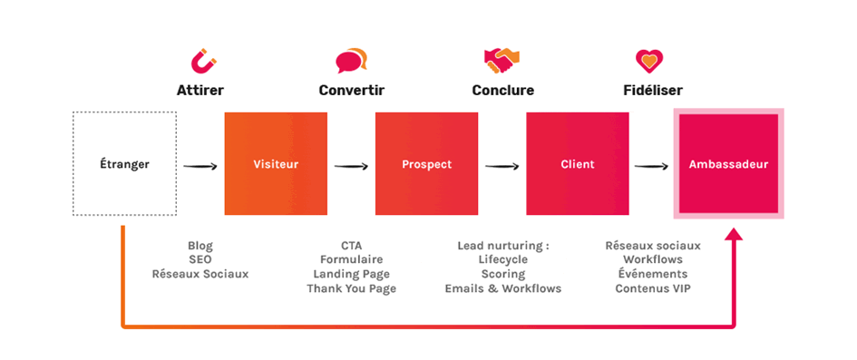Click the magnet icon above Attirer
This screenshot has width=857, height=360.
203,61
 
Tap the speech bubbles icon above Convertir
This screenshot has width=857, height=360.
352,61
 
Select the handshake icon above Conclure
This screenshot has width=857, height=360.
502,61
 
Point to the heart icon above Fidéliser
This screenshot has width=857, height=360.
649,61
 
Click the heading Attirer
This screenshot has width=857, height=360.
200,90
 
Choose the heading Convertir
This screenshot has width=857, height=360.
352,90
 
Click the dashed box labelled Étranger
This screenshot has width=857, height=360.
124,163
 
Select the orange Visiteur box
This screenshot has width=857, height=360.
276,163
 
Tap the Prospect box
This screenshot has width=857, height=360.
427,163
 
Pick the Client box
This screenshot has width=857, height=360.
577,163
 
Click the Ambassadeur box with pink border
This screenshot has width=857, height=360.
728,163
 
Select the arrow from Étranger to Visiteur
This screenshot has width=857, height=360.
200,166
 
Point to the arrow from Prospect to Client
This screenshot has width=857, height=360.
502,166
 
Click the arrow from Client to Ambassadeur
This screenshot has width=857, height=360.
651,166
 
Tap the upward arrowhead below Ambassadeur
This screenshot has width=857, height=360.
734,233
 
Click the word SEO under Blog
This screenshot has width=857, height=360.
200,259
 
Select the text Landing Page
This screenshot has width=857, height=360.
352,274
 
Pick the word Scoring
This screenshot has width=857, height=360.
502,274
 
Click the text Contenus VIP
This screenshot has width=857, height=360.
653,287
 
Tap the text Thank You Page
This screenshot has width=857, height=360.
352,287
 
